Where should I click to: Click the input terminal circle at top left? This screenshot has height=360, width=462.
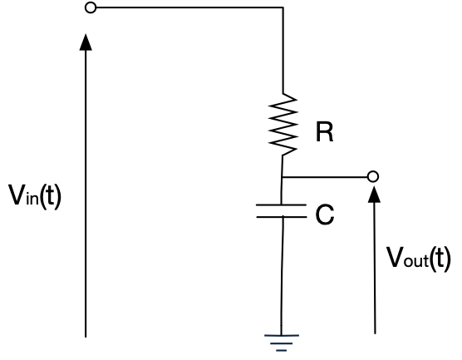coord(91,8)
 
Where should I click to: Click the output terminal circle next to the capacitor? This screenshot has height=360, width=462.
coord(373,176)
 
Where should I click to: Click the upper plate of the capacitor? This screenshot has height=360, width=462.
coord(283,208)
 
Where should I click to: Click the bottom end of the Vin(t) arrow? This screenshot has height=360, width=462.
coord(85,336)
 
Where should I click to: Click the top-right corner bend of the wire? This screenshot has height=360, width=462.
coord(283,8)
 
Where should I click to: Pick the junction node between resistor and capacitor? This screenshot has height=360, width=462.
coord(283,176)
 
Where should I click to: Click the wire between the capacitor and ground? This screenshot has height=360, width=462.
coord(283,274)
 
